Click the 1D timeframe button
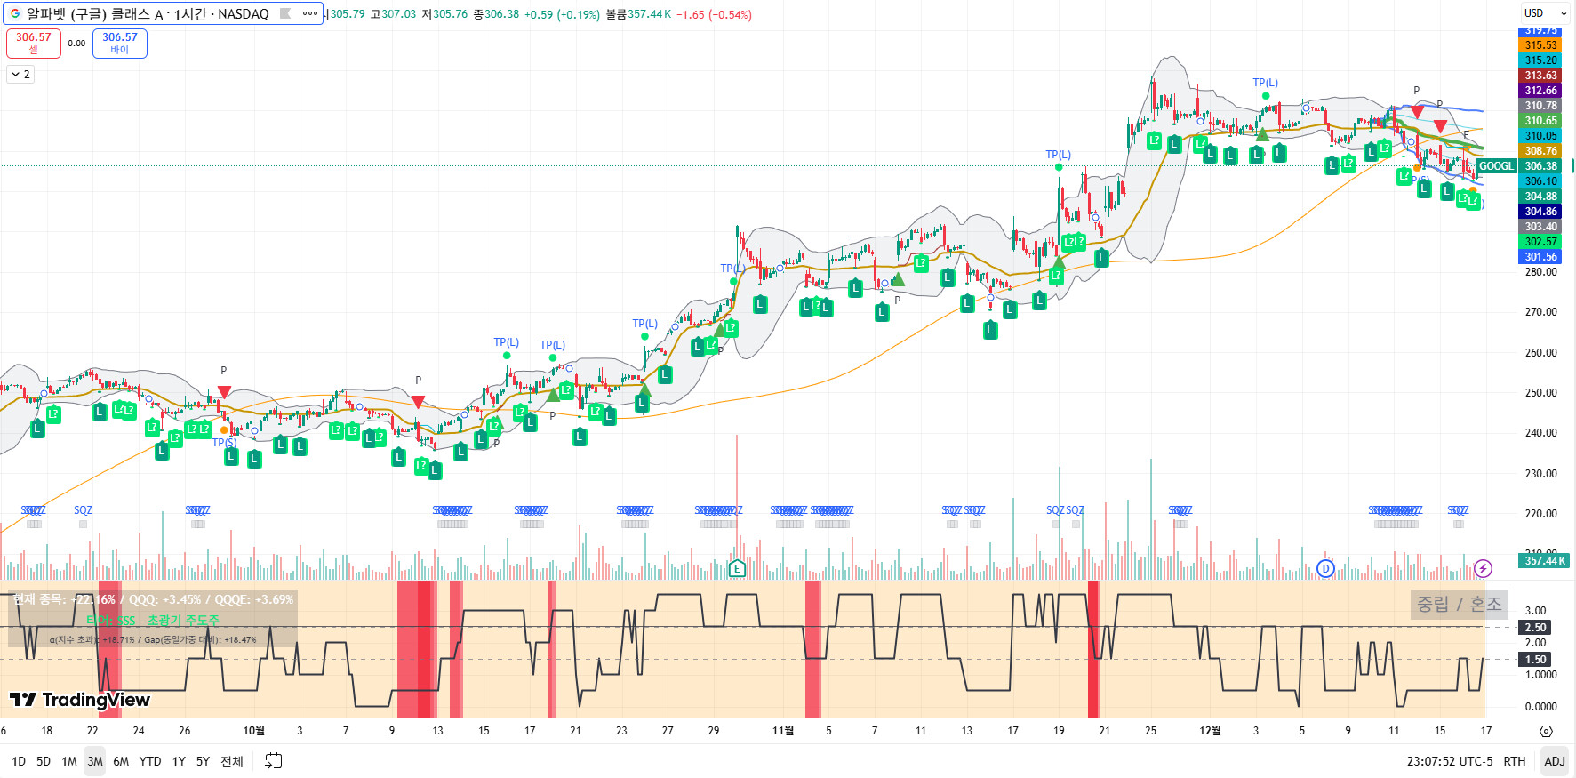19,761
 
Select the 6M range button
121,761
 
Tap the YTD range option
150,761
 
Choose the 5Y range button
203,761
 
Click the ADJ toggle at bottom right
1554,761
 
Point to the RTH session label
1514,761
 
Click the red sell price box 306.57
34,43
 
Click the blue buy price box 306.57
119,43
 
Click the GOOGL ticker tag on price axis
1496,166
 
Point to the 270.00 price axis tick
1540,312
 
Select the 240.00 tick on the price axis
1540,433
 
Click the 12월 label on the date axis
1210,731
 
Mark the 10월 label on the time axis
254,731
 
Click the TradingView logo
80,700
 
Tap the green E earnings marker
736,568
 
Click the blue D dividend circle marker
1325,568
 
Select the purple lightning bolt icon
1483,568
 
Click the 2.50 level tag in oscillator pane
1536,628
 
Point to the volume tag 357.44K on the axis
1546,561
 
